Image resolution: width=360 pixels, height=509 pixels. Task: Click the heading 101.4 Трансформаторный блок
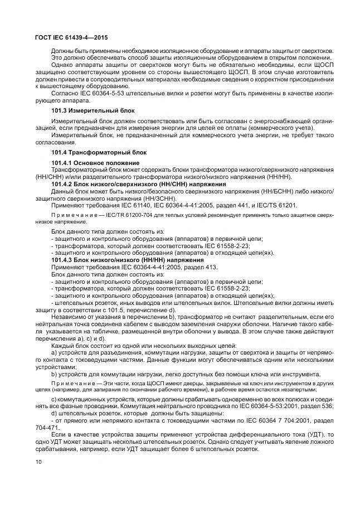90,152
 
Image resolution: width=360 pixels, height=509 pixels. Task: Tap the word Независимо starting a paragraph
68,317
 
